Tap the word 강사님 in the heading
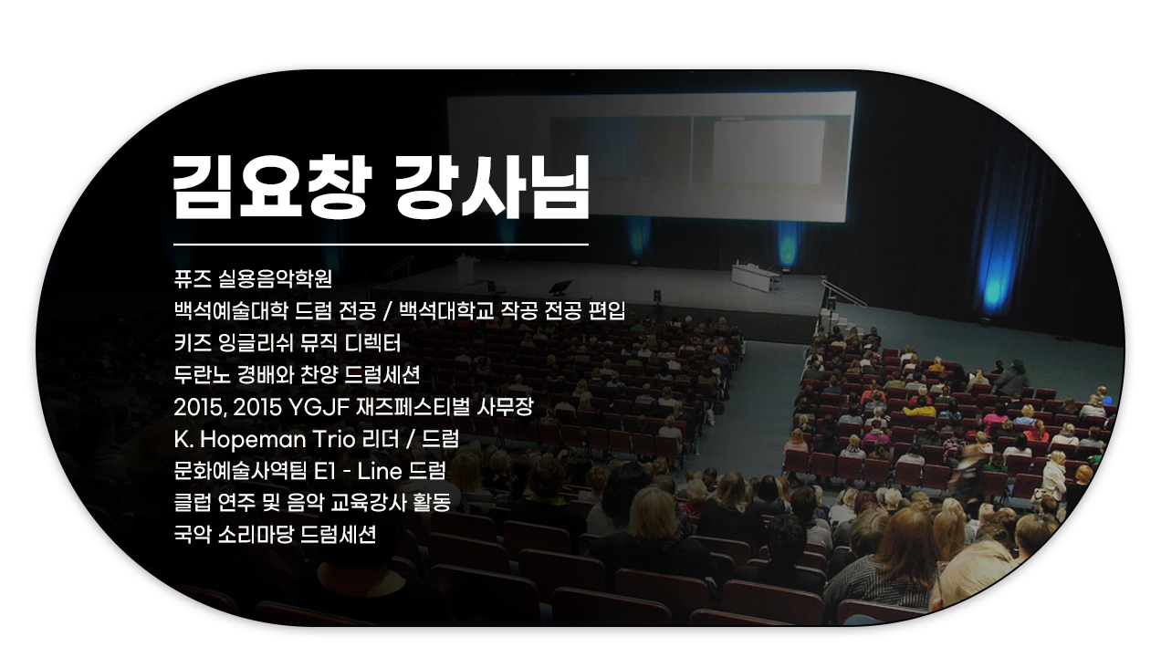(x=492, y=187)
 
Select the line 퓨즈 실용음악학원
(x=253, y=279)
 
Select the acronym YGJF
(x=318, y=408)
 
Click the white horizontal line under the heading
(x=381, y=244)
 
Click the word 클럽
(x=193, y=503)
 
